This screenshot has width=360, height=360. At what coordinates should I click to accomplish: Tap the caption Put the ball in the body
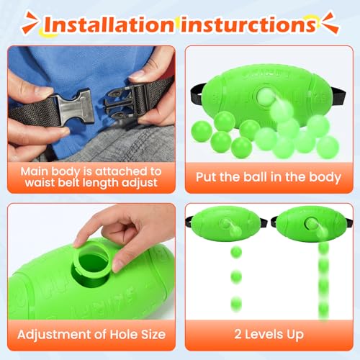click(x=268, y=176)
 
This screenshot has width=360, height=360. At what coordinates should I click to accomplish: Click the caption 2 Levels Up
click(x=268, y=333)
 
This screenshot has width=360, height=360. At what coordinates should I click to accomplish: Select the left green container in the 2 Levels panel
click(x=225, y=225)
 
